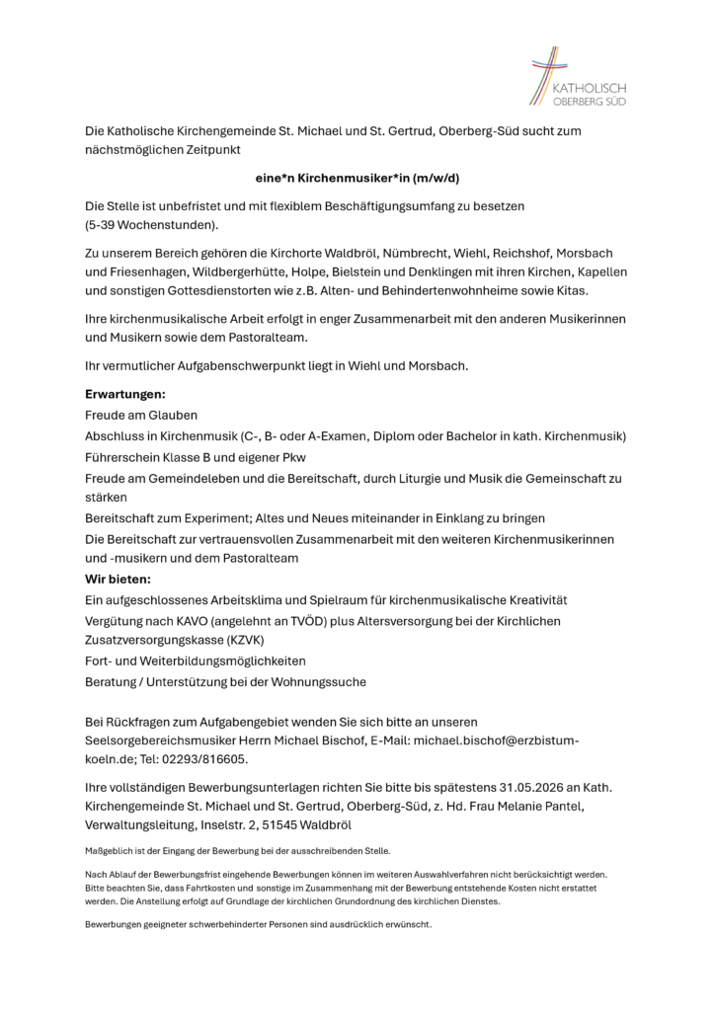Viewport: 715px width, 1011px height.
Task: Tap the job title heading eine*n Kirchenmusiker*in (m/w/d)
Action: point(357,179)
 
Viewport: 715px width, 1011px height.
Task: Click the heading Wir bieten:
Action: point(118,580)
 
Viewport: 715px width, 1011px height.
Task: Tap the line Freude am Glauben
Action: point(141,415)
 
